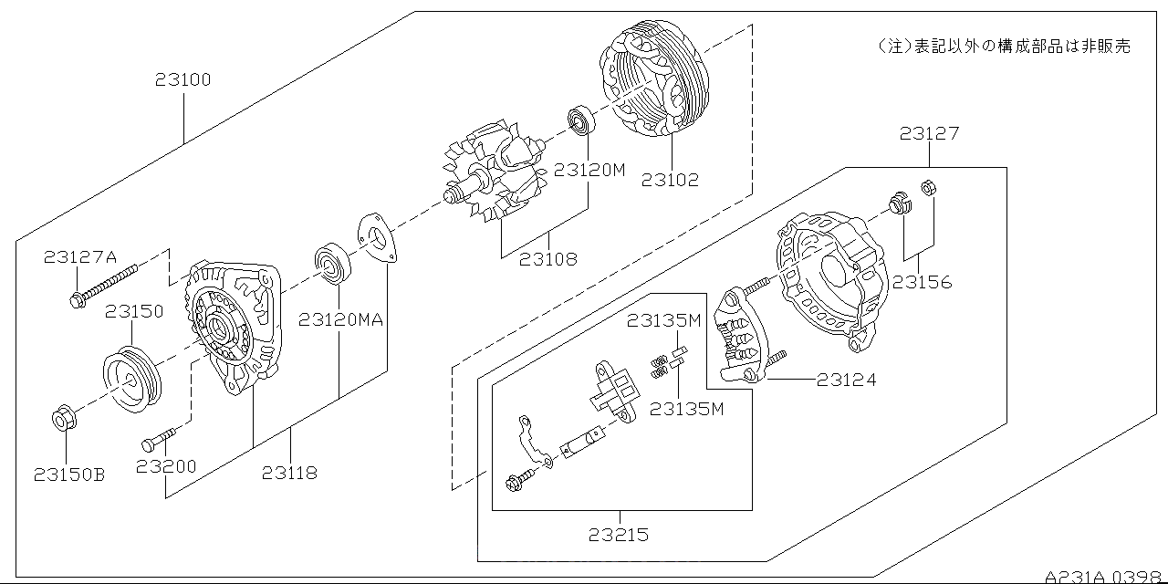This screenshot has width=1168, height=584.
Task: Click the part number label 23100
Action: coord(182,79)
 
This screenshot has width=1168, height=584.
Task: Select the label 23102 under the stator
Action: coord(670,179)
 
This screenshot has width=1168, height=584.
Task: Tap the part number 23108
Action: coord(547,258)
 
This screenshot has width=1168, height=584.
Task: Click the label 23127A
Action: coord(80,257)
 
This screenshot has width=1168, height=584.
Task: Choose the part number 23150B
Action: coord(68,474)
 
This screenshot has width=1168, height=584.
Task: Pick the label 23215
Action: coord(619,534)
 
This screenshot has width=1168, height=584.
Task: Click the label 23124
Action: coord(846,379)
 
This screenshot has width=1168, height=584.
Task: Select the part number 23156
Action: coord(922,282)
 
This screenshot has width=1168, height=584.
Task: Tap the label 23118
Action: coord(290,472)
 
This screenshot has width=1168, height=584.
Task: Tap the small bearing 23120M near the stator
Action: coord(580,120)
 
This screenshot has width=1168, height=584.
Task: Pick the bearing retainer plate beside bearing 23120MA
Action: coord(374,239)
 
